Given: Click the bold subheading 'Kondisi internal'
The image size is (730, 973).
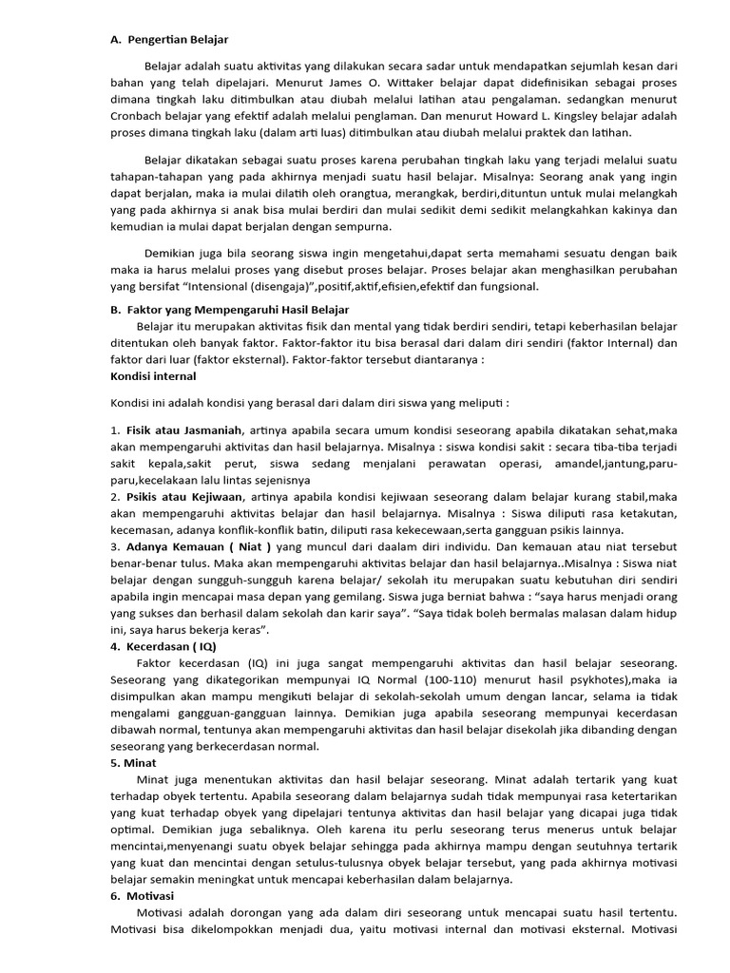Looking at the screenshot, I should [154, 376].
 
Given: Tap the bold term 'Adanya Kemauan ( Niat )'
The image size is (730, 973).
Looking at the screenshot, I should [199, 546].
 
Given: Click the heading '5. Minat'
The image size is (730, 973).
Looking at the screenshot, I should [133, 762].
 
